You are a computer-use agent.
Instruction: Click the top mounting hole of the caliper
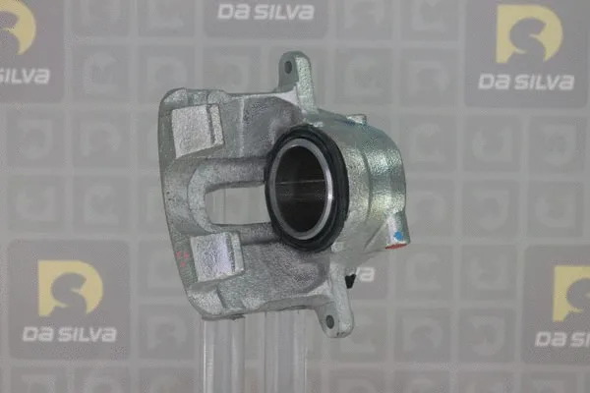point(287,67)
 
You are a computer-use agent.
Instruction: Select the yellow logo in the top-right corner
point(529,33)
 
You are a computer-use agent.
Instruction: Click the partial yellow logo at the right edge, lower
point(572,292)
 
